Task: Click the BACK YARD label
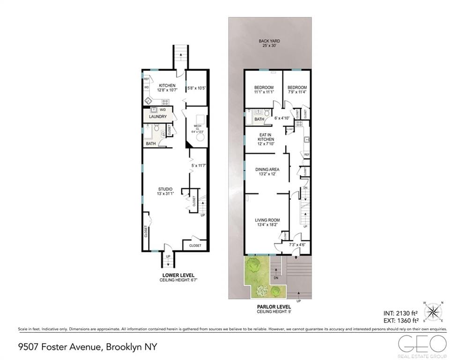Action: (x=269, y=41)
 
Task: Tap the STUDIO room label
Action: (x=164, y=189)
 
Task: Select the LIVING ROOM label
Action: (x=267, y=220)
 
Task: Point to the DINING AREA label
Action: (x=267, y=169)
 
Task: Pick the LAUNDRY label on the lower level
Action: (x=158, y=116)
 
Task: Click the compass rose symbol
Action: (x=433, y=312)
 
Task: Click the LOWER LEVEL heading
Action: (x=178, y=275)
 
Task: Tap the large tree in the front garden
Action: (x=253, y=266)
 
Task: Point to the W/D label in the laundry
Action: (x=162, y=110)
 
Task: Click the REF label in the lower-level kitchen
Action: (x=146, y=79)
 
